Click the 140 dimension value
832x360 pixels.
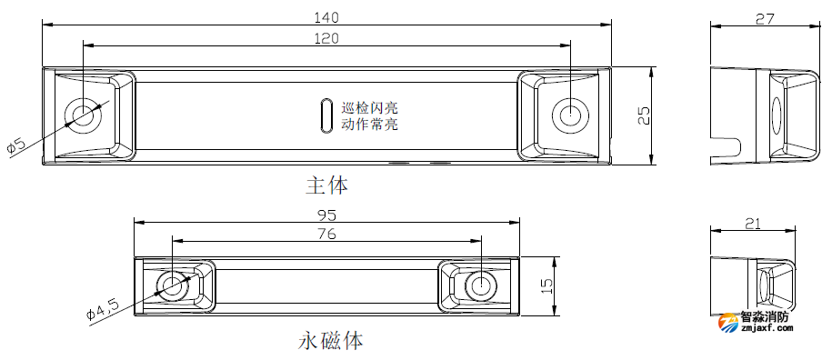tap(326, 16)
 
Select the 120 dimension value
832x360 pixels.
tap(326, 37)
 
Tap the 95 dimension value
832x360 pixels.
tap(326, 215)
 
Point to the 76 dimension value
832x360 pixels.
tap(326, 235)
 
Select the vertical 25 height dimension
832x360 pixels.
tap(644, 115)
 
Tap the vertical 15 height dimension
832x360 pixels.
tap(546, 285)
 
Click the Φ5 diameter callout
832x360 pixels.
tap(17, 145)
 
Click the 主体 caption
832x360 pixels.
tap(326, 185)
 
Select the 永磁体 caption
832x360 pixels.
tap(331, 341)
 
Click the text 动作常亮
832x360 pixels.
tap(369, 125)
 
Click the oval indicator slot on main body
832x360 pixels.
tap(325, 115)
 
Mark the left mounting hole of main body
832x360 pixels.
tap(85, 115)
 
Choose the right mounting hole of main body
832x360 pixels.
tap(568, 115)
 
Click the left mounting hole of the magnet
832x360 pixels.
tap(171, 285)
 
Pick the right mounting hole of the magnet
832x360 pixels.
tap(479, 285)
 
